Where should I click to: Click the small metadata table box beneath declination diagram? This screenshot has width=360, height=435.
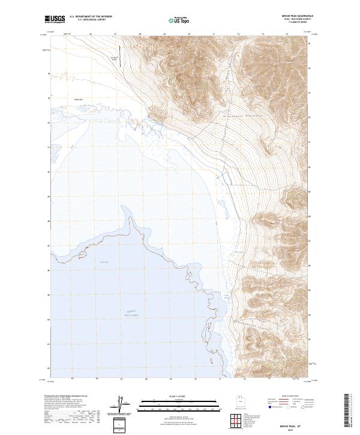click(121, 421)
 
